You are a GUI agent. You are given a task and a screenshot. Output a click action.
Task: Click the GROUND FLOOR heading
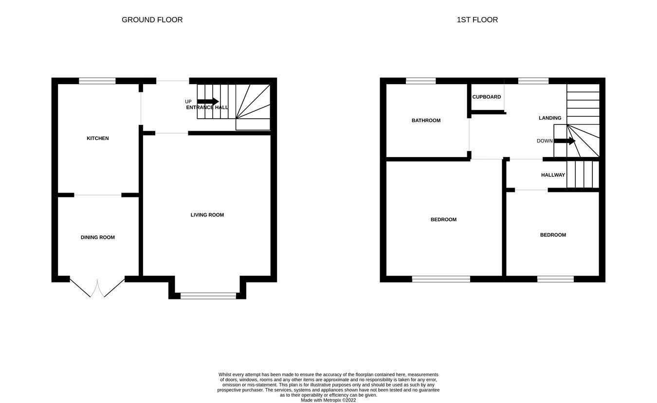pos(152,20)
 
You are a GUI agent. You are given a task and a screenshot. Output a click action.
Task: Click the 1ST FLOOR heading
pos(477,20)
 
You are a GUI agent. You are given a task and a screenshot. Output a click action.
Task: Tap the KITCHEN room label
pos(98,139)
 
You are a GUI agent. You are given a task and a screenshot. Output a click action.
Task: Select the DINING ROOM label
pos(98,238)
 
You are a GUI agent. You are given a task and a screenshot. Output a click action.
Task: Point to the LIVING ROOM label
pos(207,215)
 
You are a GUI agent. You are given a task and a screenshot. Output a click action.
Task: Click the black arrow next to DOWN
pos(565,141)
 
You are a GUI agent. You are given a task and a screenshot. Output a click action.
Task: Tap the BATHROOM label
pos(426,121)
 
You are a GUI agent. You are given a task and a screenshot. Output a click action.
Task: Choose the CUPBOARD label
pos(487,97)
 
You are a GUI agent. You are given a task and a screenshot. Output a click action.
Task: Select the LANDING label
pos(550,118)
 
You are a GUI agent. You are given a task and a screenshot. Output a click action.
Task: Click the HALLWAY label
pos(553,175)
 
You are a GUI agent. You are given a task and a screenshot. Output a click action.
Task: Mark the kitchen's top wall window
pos(97,81)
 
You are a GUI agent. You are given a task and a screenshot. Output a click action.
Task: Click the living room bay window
pos(208,295)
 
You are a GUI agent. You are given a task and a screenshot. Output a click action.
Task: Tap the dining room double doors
pos(97,288)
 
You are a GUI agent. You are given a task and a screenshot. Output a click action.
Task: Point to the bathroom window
pos(420,81)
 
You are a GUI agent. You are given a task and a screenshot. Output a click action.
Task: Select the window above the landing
pos(533,81)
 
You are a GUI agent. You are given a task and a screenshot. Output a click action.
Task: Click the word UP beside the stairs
pos(188,102)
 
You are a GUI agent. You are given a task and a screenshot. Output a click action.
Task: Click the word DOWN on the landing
pos(545,141)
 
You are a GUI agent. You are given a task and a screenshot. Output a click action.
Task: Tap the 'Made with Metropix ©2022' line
pos(328,400)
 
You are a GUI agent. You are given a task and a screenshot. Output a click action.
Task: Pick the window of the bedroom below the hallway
pos(555,279)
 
